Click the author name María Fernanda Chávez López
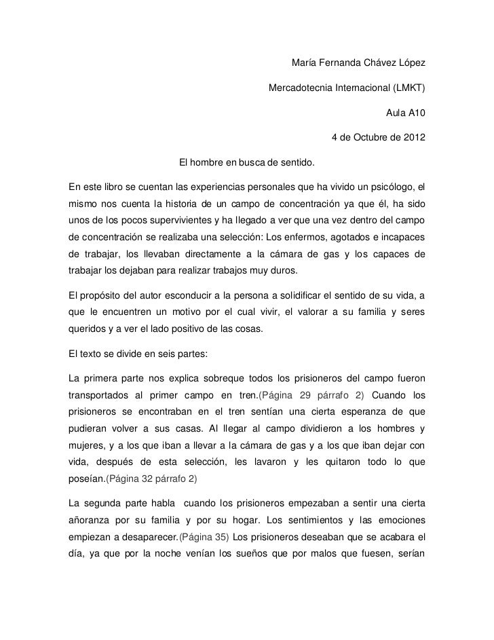click(x=358, y=64)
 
